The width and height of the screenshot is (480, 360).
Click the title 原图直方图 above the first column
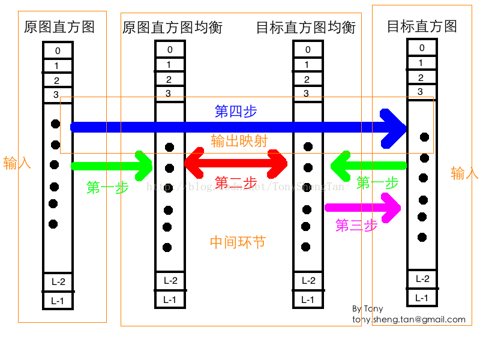coord(59,27)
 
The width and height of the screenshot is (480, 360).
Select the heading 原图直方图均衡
coord(172,28)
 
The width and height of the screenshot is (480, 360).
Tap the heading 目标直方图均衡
coord(305,28)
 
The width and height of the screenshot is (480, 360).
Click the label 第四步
coord(236,111)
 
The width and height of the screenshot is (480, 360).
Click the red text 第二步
coord(236,182)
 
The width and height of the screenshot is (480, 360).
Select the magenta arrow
coord(362,208)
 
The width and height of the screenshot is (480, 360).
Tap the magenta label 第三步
coord(356,226)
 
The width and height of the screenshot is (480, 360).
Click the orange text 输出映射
coord(239,140)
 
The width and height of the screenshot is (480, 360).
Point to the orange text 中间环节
coord(238,242)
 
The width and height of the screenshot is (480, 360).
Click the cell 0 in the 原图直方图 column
coord(58,51)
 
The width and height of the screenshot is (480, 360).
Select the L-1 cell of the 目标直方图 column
coord(422,298)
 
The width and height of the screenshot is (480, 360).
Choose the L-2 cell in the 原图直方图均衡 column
coord(170,280)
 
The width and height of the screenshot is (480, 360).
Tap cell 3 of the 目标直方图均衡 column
coord(307,93)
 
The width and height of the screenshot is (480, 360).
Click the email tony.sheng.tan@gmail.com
coord(409,320)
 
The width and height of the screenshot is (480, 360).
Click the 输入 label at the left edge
coord(17,163)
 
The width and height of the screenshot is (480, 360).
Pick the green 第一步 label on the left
coord(107,187)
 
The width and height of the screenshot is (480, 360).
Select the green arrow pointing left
coord(368,165)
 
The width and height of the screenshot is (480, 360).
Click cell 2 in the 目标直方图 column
coord(421,77)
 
